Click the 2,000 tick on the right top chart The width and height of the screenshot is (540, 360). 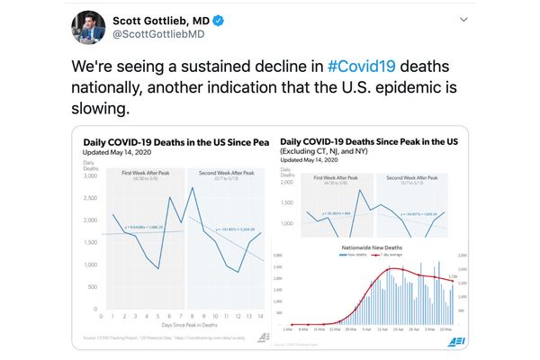pos(292,182)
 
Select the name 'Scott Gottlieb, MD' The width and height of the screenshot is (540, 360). pos(171,20)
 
